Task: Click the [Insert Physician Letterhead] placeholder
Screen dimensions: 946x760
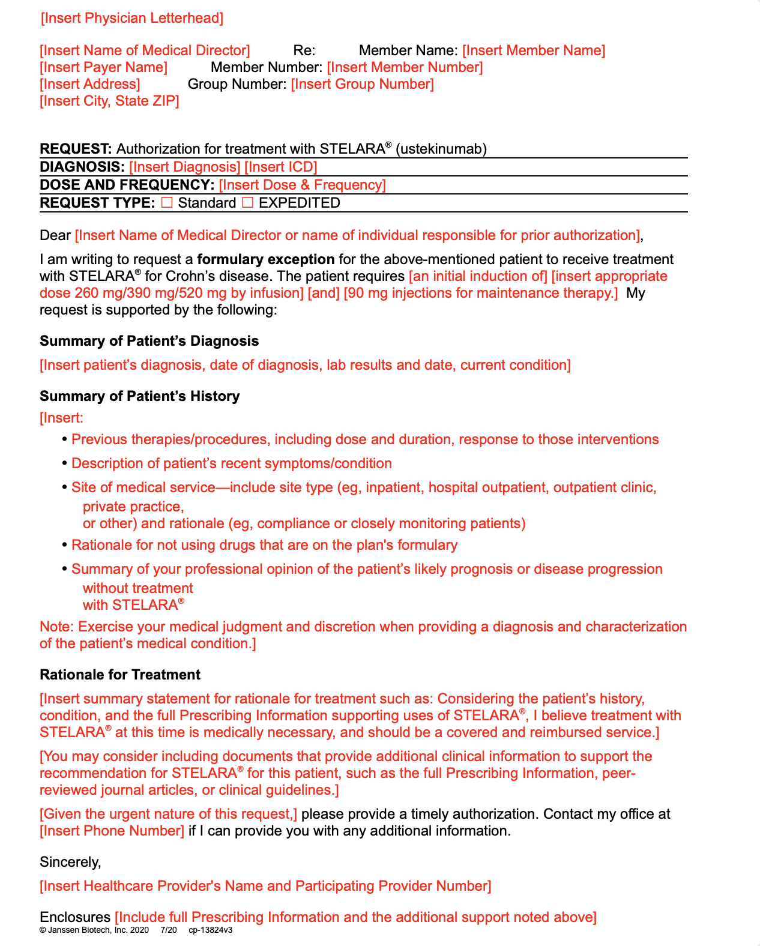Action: click(x=132, y=18)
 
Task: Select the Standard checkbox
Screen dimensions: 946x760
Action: click(x=167, y=203)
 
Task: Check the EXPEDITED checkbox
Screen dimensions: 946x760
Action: click(x=247, y=203)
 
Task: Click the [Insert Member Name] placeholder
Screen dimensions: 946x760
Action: click(x=533, y=50)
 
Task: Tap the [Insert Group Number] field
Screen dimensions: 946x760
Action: click(x=362, y=84)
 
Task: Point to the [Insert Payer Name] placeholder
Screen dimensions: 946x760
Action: click(x=103, y=67)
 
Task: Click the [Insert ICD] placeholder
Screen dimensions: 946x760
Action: click(x=280, y=167)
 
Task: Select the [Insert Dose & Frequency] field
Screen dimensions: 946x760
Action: click(x=302, y=185)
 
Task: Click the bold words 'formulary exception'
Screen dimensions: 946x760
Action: click(x=265, y=259)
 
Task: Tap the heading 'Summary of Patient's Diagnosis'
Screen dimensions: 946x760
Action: click(x=149, y=341)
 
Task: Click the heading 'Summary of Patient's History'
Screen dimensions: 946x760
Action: click(x=139, y=396)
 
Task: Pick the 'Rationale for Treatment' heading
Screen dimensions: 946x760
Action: click(x=119, y=675)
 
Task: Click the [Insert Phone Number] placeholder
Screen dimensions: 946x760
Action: click(x=112, y=831)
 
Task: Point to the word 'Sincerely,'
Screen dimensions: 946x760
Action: click(x=70, y=862)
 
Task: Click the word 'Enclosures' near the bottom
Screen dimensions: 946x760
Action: click(x=75, y=917)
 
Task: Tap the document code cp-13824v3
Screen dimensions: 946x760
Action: click(x=210, y=930)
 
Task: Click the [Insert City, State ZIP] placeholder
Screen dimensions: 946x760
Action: click(x=109, y=101)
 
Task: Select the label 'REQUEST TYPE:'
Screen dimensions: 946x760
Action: click(x=97, y=203)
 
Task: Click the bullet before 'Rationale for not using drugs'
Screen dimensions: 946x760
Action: click(x=65, y=545)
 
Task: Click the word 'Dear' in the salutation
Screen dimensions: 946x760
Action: click(x=55, y=235)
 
